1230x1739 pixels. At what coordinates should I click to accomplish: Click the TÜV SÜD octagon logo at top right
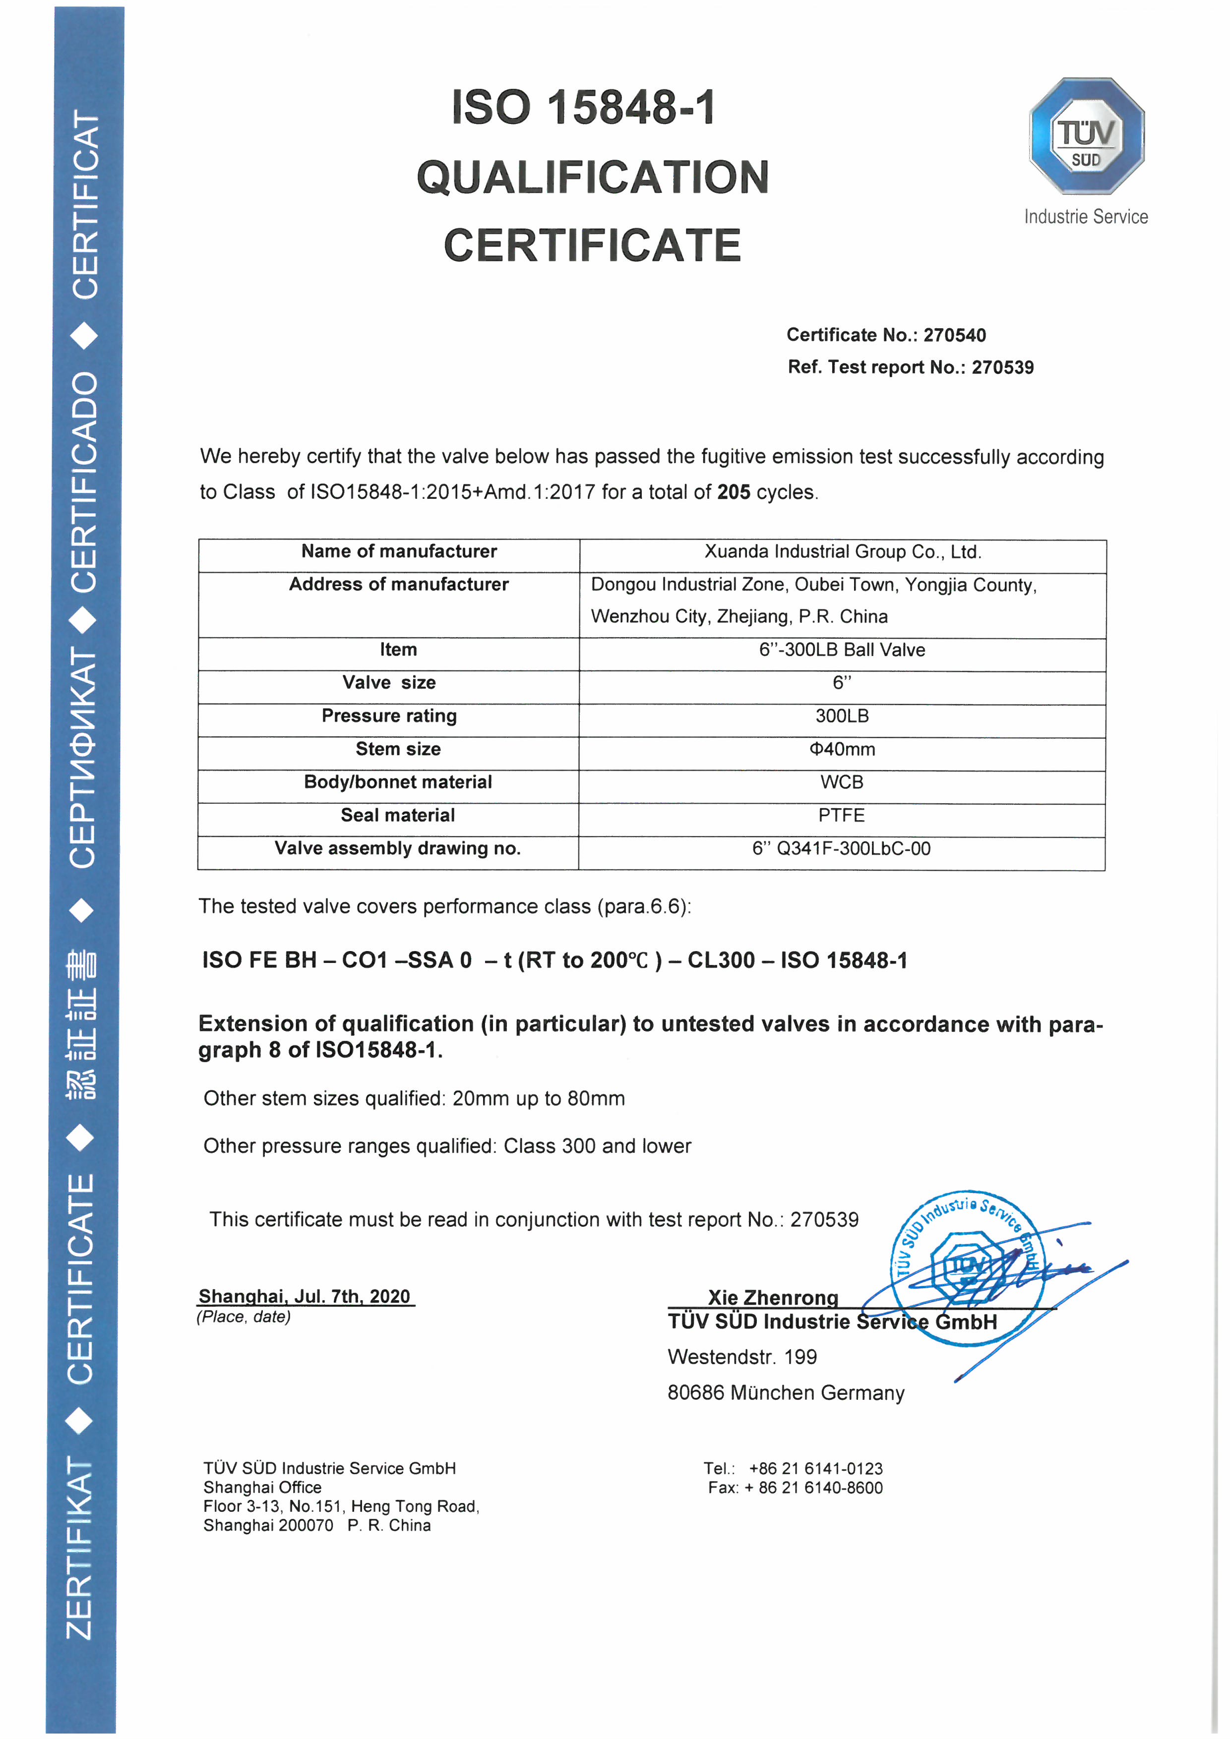[x=1086, y=136]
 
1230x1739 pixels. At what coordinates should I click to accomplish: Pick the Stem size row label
[x=398, y=749]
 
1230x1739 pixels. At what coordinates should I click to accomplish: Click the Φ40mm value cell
[x=842, y=750]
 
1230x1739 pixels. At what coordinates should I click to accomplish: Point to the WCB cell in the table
[x=842, y=782]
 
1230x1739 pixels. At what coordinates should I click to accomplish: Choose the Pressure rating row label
[x=389, y=717]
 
